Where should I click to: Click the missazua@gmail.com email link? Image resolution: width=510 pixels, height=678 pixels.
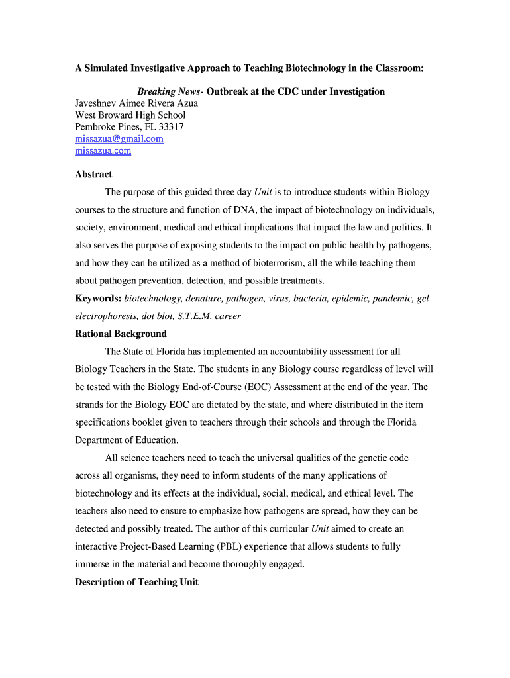click(x=119, y=138)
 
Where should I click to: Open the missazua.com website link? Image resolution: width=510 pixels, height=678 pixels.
click(x=103, y=150)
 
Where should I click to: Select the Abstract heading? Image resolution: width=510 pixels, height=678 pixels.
click(x=93, y=175)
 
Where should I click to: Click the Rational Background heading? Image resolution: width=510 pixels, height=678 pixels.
click(x=121, y=334)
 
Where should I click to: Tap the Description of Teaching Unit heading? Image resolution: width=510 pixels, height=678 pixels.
click(x=136, y=582)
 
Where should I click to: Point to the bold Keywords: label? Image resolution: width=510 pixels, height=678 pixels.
click(x=98, y=299)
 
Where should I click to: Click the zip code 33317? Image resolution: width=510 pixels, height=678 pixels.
click(x=170, y=126)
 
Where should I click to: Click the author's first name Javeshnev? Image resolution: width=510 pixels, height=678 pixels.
click(x=96, y=103)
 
